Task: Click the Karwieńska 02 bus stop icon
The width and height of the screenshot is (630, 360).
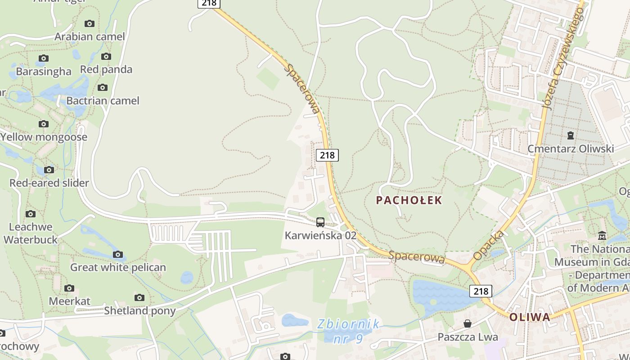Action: pos(320,222)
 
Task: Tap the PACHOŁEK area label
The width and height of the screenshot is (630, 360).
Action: pos(409,200)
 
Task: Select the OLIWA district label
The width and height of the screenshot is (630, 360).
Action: pos(530,317)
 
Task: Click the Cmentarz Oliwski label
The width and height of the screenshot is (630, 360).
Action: pos(571,149)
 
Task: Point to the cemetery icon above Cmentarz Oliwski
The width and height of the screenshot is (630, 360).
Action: pos(571,135)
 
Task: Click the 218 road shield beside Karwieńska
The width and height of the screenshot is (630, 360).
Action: pos(327,155)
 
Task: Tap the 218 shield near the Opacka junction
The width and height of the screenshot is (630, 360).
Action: pos(481,291)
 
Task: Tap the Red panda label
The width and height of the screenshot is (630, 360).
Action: pos(106,70)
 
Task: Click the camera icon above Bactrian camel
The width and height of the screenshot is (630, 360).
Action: pos(103,87)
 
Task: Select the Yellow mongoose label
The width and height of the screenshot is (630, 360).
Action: pos(44,137)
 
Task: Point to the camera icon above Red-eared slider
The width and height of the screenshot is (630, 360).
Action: pos(49,170)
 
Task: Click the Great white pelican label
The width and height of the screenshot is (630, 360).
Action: pos(118,267)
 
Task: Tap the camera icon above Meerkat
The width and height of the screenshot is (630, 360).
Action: pos(69,288)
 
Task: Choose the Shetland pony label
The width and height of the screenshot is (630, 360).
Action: pos(139,310)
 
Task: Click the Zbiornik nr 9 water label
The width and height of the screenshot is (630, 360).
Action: pos(347,331)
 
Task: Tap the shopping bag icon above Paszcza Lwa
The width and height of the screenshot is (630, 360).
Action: pos(468,324)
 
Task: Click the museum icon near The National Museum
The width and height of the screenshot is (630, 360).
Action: pos(602,235)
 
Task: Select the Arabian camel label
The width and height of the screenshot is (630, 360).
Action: pos(90,37)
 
